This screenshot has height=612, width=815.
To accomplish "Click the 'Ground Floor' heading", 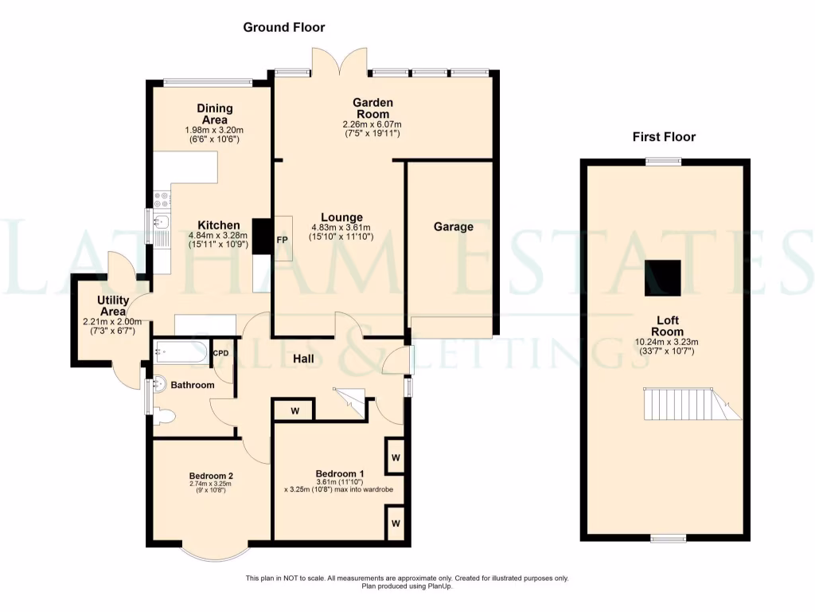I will click(x=284, y=27).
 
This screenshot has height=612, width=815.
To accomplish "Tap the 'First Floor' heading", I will click(x=664, y=137).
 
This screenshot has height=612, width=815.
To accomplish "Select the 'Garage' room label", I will click(x=454, y=227).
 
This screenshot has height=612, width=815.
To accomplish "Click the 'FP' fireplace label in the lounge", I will click(x=282, y=238).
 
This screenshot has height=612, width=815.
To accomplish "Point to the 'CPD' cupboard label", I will click(x=220, y=353).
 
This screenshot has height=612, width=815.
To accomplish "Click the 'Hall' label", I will click(x=302, y=359).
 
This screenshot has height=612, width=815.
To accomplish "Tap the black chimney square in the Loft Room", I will click(x=663, y=277).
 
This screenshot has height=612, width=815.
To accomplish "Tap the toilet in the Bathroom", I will click(x=162, y=415).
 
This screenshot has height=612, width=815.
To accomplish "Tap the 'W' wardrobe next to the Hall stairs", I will click(x=294, y=410).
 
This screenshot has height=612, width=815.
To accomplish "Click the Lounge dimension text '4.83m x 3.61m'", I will click(x=341, y=228).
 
